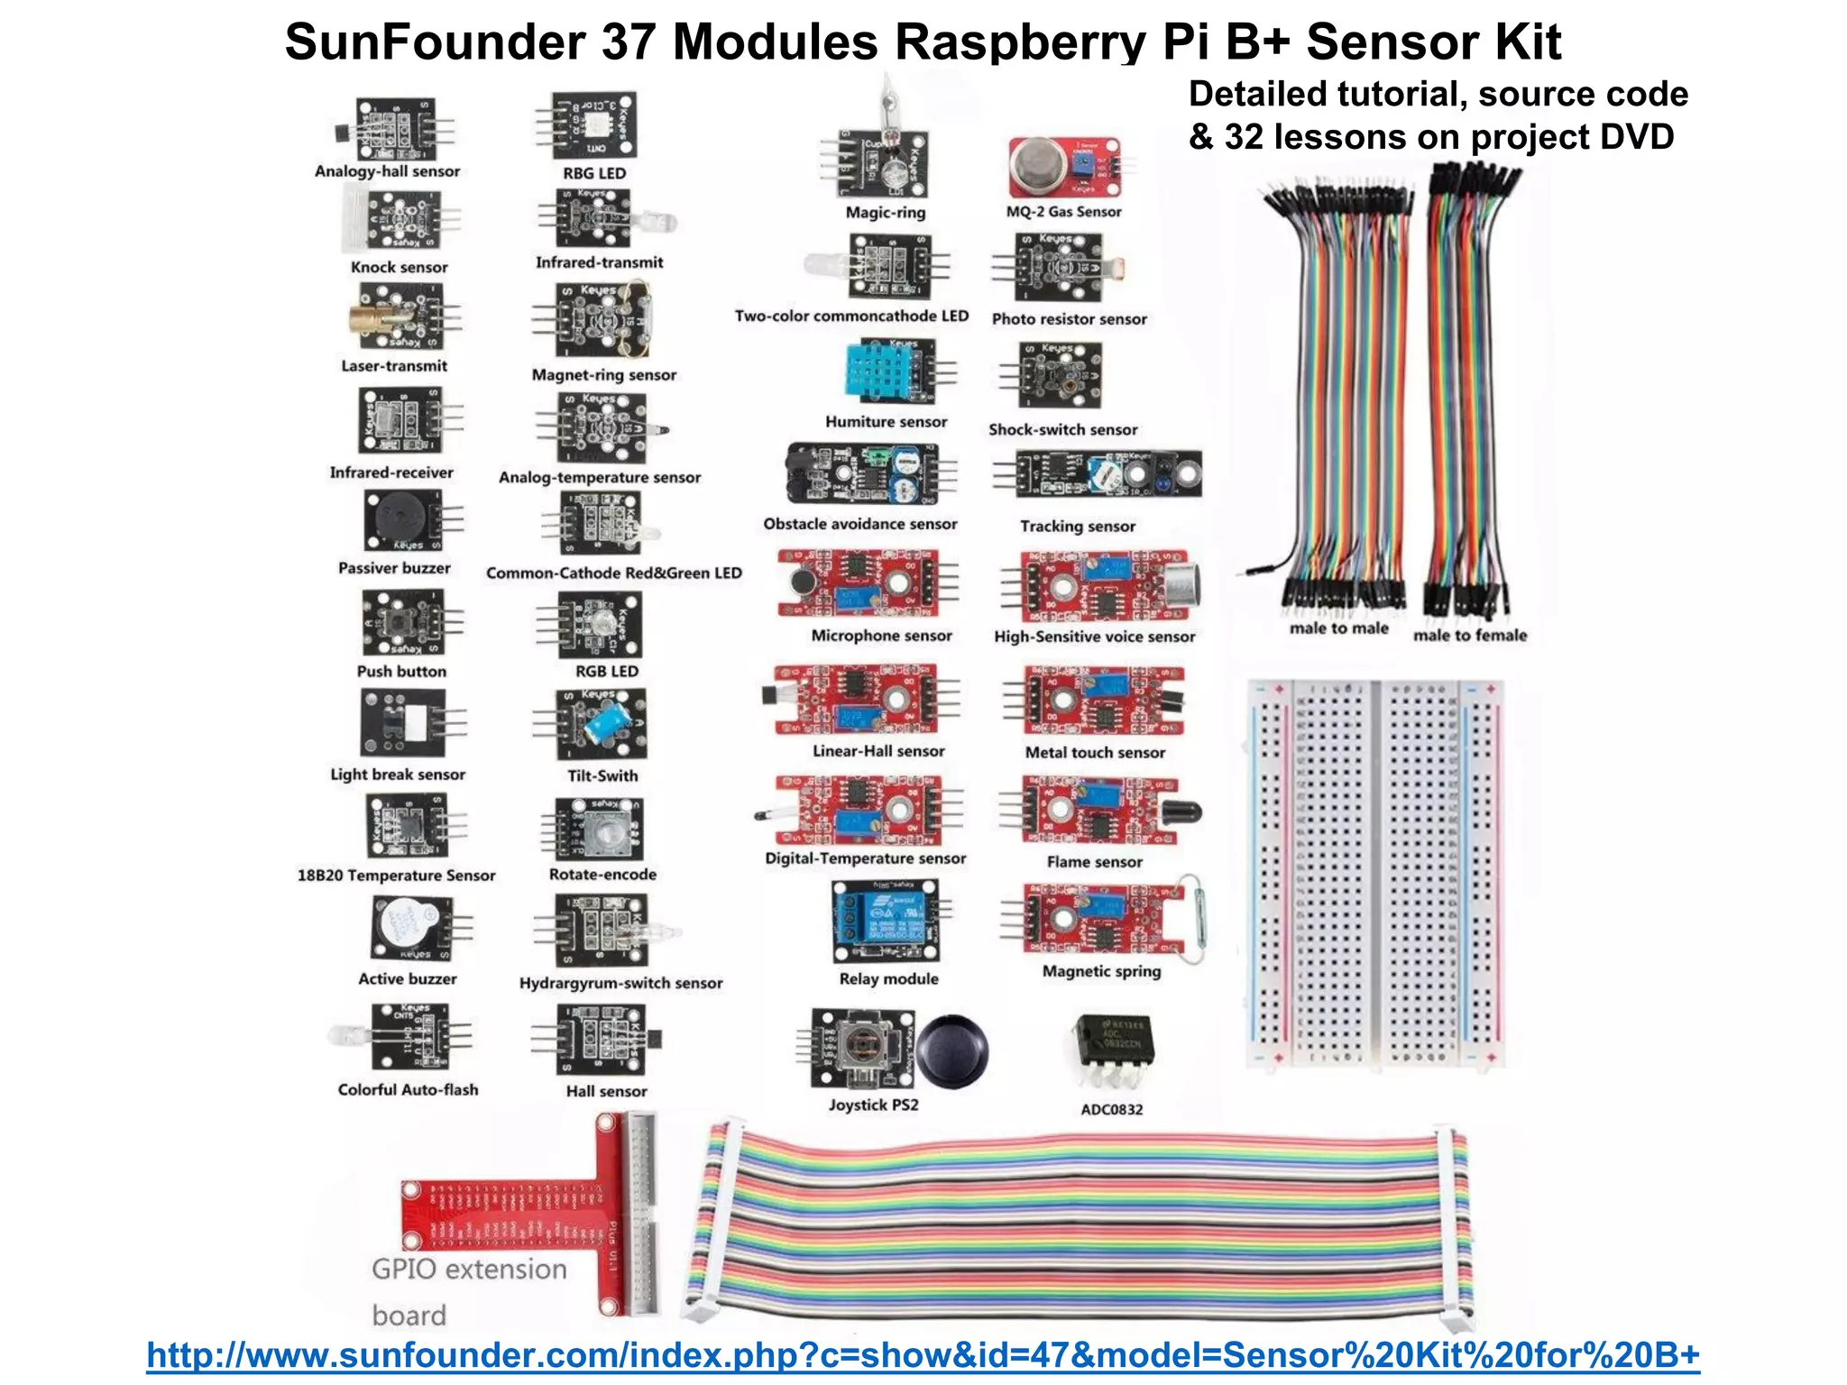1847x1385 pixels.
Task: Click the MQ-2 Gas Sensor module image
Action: (1064, 168)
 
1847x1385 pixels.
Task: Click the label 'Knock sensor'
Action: (399, 268)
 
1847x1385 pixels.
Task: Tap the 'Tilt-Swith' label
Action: (602, 775)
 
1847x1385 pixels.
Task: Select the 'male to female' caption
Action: (1469, 636)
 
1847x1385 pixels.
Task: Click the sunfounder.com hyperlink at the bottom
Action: (923, 1355)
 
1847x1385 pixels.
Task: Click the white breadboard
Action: (1374, 873)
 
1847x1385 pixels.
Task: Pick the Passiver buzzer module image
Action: (402, 520)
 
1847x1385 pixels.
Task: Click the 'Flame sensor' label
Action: (1094, 862)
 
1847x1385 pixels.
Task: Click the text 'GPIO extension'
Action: (469, 1270)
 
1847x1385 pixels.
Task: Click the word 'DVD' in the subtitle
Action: (1636, 137)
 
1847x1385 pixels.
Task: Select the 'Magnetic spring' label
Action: (1101, 971)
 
